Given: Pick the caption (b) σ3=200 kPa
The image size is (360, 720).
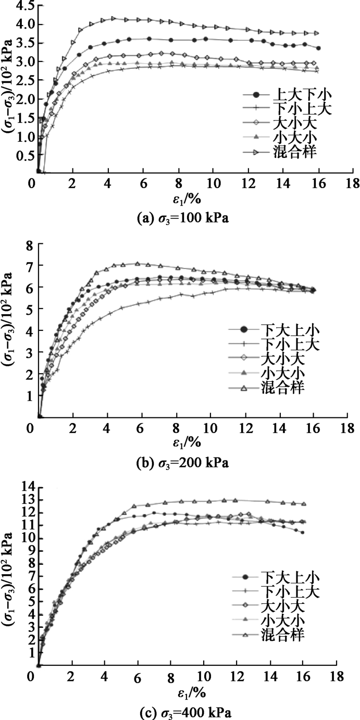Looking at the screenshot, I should tap(181, 462).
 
